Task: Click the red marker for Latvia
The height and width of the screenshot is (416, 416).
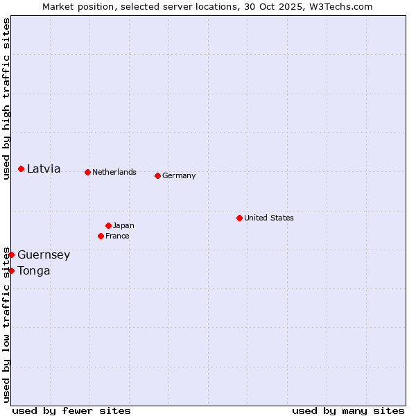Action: [21, 168]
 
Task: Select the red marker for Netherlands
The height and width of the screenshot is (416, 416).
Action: [87, 172]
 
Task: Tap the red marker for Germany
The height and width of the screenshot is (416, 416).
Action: [158, 175]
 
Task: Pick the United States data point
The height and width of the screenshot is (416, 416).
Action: [239, 218]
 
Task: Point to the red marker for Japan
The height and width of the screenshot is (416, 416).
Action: [109, 225]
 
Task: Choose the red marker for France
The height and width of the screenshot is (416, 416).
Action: [101, 236]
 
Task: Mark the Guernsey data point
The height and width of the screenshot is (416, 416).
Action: [12, 254]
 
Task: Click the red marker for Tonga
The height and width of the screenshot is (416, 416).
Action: [12, 270]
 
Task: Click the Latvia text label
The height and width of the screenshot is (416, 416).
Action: [44, 169]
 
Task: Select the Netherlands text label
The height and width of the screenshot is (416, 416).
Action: [114, 172]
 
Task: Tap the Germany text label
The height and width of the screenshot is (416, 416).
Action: [179, 175]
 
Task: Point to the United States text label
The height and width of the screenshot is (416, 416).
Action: [269, 218]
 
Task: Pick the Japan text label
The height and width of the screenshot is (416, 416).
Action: [123, 225]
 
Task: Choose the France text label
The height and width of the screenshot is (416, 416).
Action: [117, 236]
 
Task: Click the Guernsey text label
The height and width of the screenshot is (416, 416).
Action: [44, 255]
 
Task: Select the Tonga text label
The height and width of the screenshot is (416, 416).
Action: [34, 271]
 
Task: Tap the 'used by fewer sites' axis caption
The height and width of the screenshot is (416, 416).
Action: [71, 410]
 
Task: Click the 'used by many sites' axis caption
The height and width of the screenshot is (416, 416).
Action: [348, 410]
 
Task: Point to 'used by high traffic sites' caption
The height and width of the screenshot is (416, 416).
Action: [6, 98]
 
